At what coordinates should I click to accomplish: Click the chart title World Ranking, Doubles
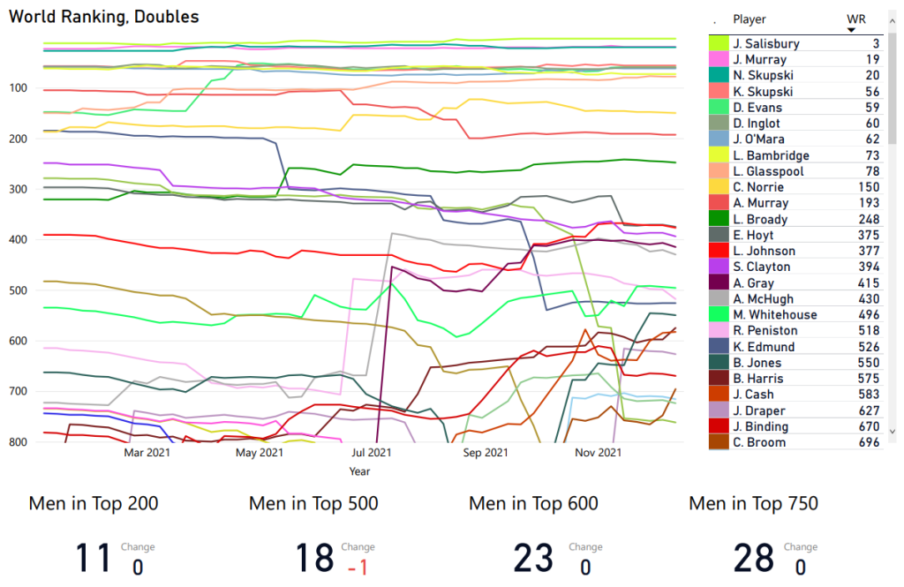pyautogui.click(x=104, y=17)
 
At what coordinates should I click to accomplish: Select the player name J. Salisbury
pyautogui.click(x=766, y=44)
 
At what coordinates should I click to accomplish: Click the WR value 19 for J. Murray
pyautogui.click(x=870, y=60)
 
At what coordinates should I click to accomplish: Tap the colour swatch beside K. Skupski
pyautogui.click(x=718, y=92)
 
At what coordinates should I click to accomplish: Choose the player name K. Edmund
pyautogui.click(x=764, y=347)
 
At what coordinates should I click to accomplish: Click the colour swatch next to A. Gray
pyautogui.click(x=718, y=283)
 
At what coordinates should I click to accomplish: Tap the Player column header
pyautogui.click(x=750, y=19)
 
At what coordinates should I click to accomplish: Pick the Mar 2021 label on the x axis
pyautogui.click(x=147, y=454)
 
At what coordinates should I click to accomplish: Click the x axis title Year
pyautogui.click(x=360, y=472)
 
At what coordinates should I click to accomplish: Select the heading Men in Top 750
pyautogui.click(x=753, y=504)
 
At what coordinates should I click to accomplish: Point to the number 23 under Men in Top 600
pyautogui.click(x=533, y=559)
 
